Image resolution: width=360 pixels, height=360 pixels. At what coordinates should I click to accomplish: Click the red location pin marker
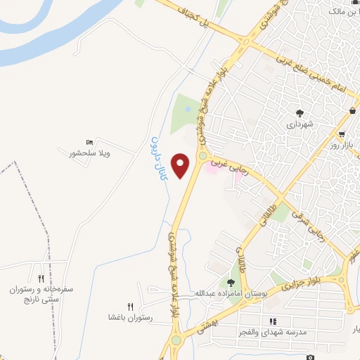tap(181, 166)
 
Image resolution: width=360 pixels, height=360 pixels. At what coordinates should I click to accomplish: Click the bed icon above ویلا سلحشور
tap(89, 143)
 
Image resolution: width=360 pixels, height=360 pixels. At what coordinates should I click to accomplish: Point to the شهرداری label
tap(300, 124)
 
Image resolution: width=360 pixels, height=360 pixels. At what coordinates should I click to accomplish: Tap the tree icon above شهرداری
tap(300, 112)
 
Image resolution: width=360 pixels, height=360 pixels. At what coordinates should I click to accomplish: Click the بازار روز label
tap(342, 146)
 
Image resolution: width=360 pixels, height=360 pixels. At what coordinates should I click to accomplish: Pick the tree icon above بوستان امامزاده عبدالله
tap(231, 282)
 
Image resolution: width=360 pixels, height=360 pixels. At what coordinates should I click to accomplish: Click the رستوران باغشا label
tap(130, 317)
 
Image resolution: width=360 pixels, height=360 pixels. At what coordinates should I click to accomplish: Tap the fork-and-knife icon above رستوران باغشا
tap(130, 307)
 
